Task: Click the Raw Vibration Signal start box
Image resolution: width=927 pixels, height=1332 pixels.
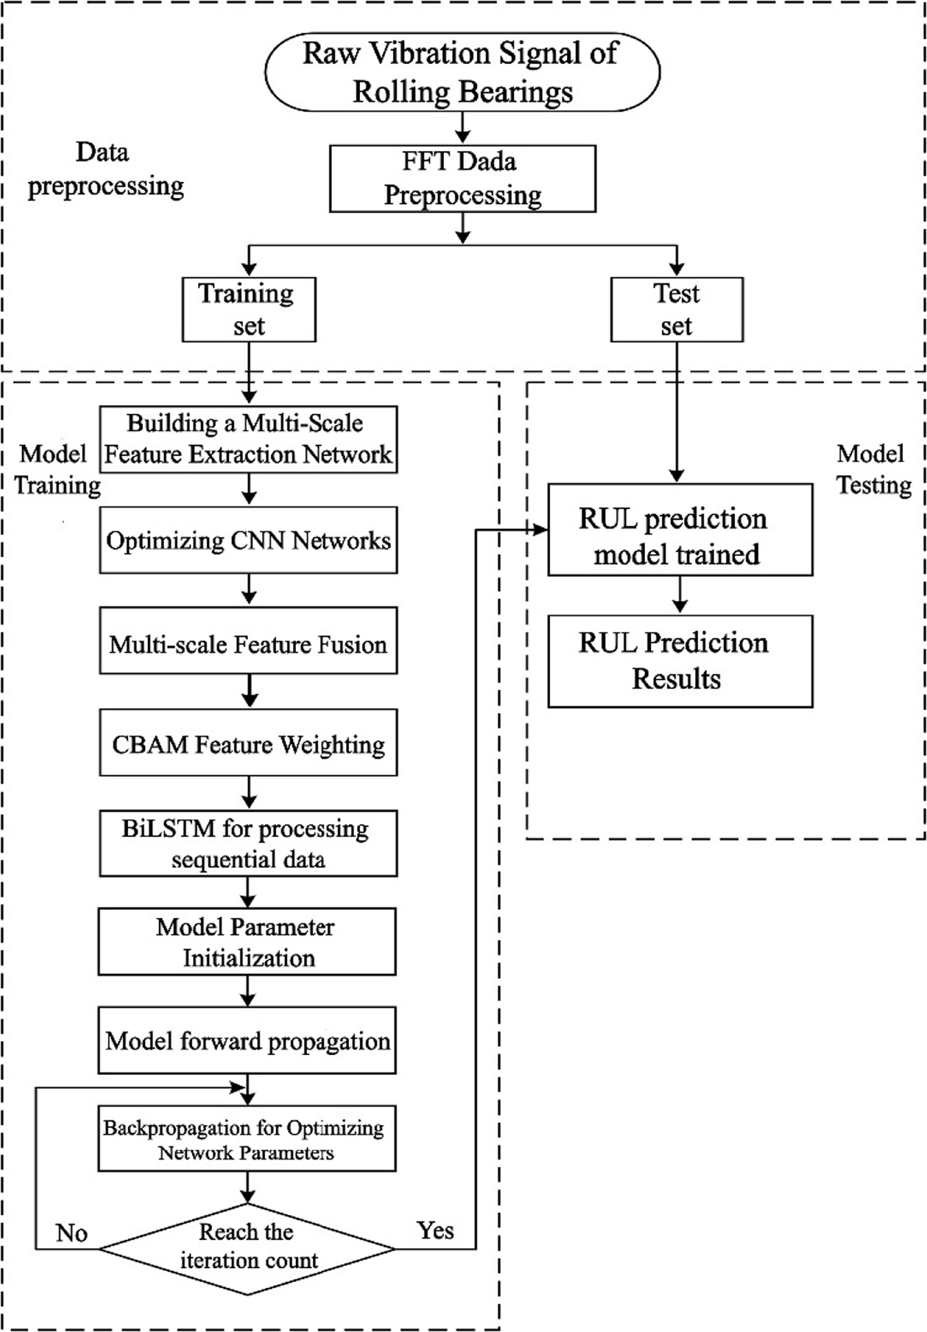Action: point(462,72)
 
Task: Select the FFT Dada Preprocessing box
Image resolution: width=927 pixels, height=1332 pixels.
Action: point(462,178)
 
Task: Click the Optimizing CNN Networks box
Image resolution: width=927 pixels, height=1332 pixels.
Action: point(249,540)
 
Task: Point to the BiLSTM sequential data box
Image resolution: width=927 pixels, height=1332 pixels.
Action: point(249,843)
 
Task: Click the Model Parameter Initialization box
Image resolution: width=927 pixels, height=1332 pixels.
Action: point(247,942)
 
